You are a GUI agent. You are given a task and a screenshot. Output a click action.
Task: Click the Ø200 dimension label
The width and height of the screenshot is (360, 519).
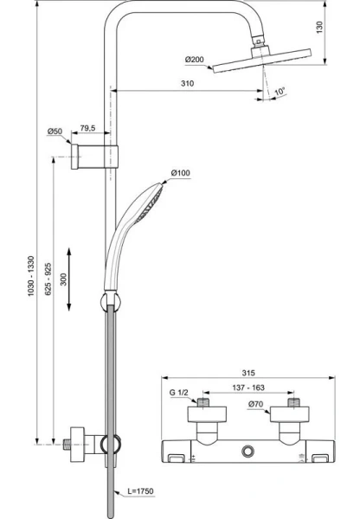[194, 60]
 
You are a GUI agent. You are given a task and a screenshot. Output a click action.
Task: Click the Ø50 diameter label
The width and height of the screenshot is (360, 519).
[55, 132]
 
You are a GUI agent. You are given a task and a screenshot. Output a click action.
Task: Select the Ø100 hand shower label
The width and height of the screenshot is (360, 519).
[181, 174]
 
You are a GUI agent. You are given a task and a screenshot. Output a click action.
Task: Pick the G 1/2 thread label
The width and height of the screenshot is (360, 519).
[179, 394]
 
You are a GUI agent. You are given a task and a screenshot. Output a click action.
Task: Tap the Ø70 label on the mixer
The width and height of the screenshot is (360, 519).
[255, 403]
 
